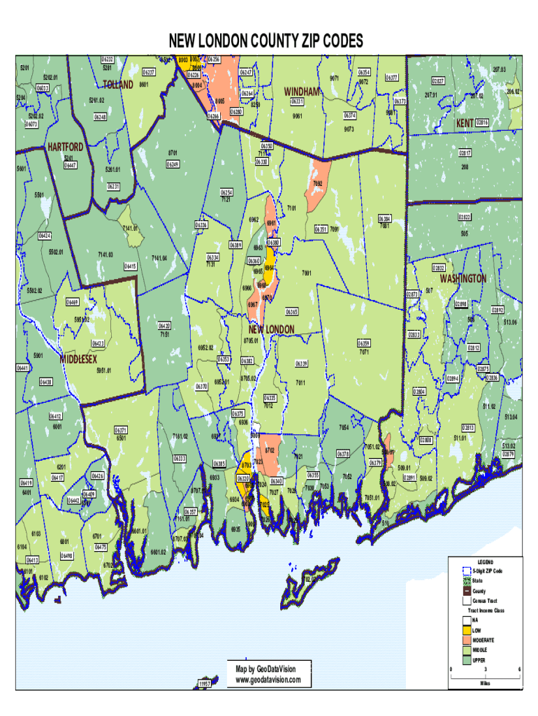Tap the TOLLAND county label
[x=118, y=85]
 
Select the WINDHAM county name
[x=302, y=92]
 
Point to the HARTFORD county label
[x=66, y=147]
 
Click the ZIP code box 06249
[x=173, y=164]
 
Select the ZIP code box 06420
[x=164, y=326]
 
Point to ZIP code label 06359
[x=363, y=343]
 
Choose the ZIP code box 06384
[x=385, y=218]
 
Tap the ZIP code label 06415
[x=130, y=266]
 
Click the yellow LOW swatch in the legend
[x=466, y=629]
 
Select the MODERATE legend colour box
[x=466, y=640]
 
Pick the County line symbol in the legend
[x=466, y=591]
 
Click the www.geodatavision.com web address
[x=268, y=680]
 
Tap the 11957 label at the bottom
[x=205, y=683]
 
